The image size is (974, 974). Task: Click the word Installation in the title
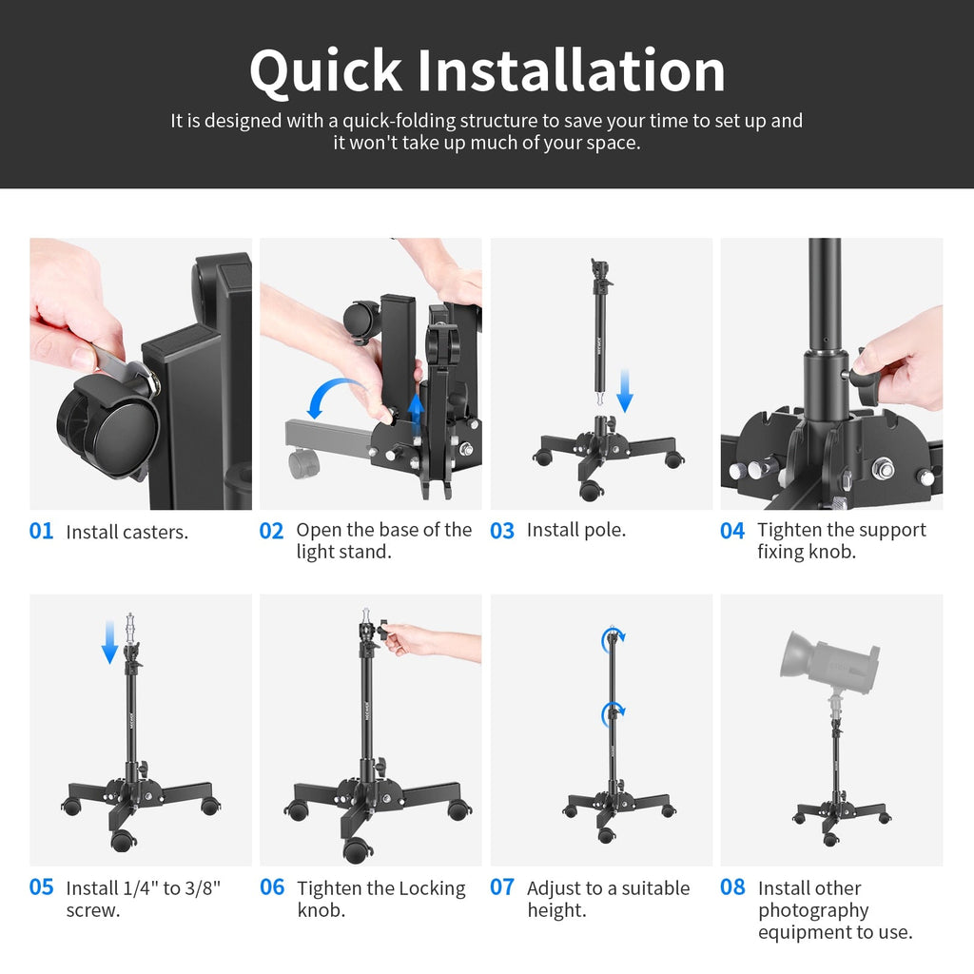pyautogui.click(x=572, y=72)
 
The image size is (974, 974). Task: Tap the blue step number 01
pyautogui.click(x=41, y=531)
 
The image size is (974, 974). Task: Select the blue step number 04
pyautogui.click(x=731, y=531)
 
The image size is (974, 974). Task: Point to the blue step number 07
pyautogui.click(x=501, y=887)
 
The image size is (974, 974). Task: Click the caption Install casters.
pyautogui.click(x=127, y=532)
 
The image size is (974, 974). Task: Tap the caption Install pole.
pyautogui.click(x=575, y=530)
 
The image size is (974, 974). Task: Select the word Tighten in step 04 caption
pyautogui.click(x=790, y=530)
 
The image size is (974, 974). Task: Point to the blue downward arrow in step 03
pyautogui.click(x=624, y=391)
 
